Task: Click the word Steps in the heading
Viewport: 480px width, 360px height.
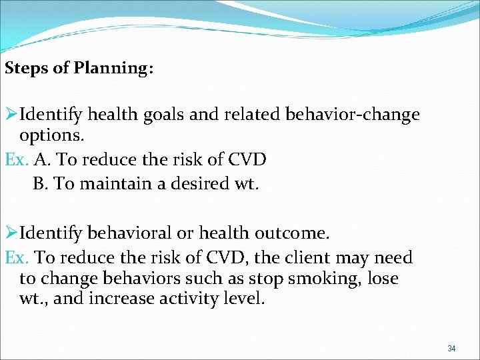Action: click(26, 69)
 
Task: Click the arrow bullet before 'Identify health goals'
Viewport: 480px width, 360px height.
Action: click(11, 115)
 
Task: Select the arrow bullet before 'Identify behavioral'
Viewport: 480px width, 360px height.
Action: click(11, 234)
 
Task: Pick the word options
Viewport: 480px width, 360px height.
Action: click(51, 136)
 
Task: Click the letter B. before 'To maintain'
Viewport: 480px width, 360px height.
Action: click(41, 183)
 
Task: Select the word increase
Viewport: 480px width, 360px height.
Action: click(123, 299)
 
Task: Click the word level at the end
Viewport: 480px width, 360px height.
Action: click(246, 299)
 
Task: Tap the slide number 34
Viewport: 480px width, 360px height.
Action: click(451, 349)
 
